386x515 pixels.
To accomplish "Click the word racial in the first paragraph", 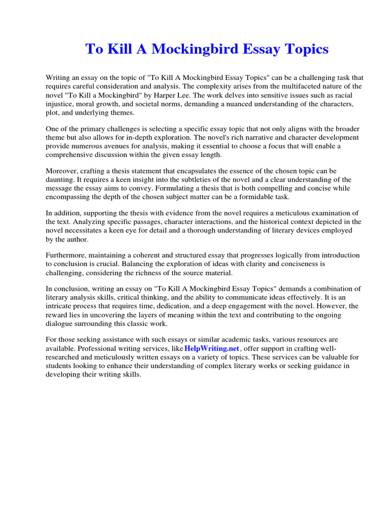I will (353, 95).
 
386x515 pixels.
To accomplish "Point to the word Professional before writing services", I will (99, 348).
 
